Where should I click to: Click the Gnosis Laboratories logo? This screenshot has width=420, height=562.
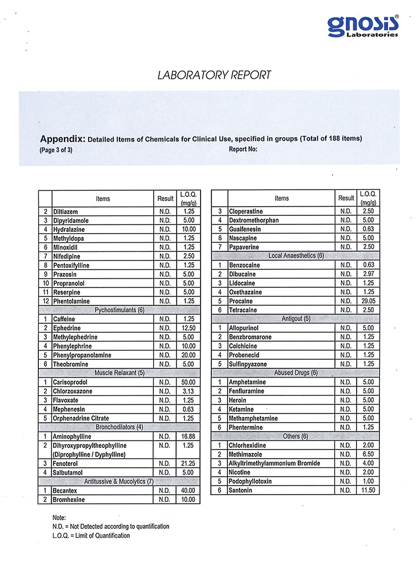coord(363,25)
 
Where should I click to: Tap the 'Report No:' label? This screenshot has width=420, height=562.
coord(243,150)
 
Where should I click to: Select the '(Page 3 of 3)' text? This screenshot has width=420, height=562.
coord(56,150)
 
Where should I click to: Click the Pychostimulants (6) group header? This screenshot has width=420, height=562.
coord(119,310)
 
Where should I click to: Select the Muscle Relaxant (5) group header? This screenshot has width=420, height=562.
coord(119,373)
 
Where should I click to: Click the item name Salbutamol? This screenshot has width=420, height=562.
coord(69,472)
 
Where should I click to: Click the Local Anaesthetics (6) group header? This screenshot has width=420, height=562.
coord(296,256)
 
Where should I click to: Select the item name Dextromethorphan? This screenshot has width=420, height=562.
coord(254,220)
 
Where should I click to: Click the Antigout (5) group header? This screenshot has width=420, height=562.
coord(296,319)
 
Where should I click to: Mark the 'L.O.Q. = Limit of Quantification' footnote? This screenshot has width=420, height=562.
coord(91,536)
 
